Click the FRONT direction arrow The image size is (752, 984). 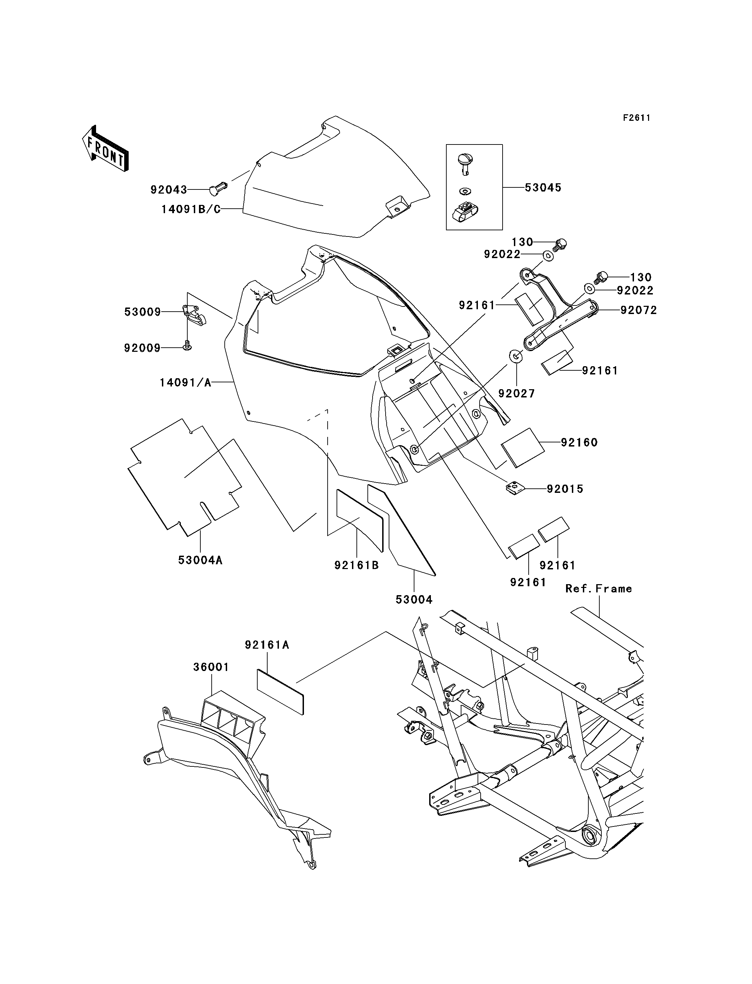click(x=106, y=148)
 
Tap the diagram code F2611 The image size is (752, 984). click(x=636, y=118)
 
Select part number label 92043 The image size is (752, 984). click(x=168, y=190)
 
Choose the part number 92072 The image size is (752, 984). click(x=639, y=310)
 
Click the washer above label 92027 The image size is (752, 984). click(x=516, y=357)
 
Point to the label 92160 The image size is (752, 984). click(x=579, y=442)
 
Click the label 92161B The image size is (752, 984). click(x=357, y=565)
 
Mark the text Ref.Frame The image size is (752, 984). click(x=598, y=589)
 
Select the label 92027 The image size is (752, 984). click(x=517, y=393)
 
